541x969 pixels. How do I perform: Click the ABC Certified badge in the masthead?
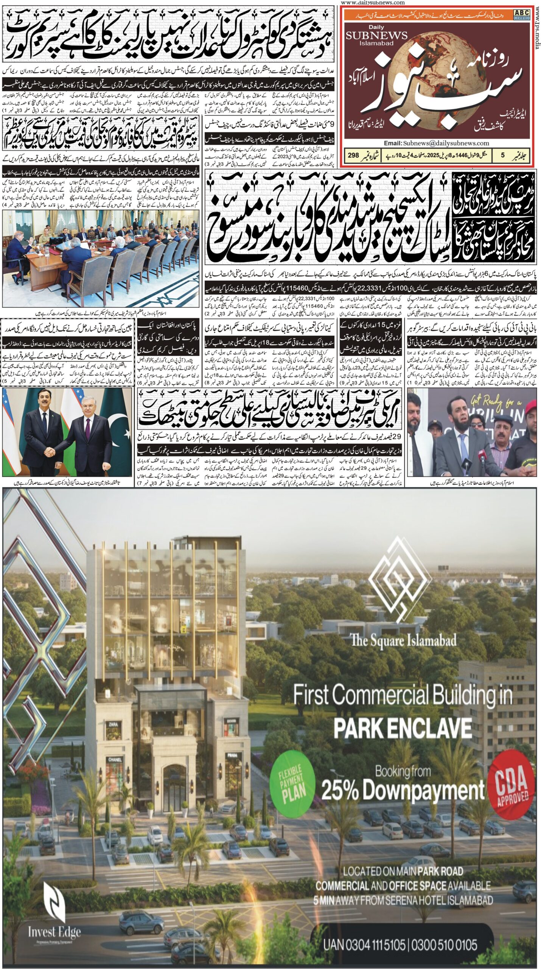pyautogui.click(x=522, y=14)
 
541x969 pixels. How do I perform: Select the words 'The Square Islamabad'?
pyautogui.click(x=403, y=640)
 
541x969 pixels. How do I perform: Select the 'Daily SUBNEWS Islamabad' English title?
pyautogui.click(x=377, y=36)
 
